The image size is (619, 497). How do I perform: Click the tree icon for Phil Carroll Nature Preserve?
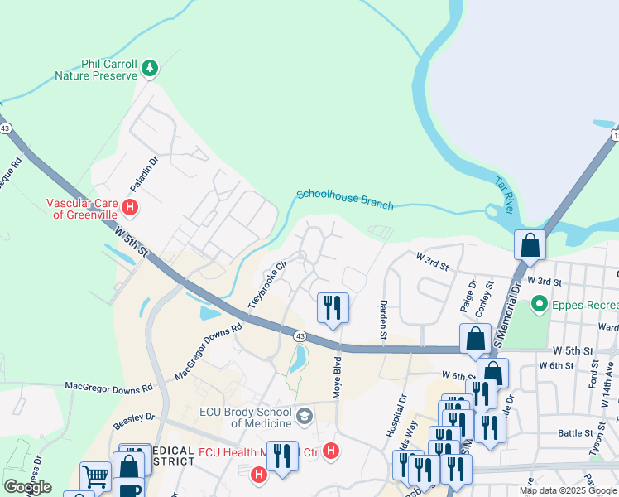(150, 68)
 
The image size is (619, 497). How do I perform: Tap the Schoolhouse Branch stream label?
(345, 199)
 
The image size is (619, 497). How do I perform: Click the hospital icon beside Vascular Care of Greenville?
(129, 206)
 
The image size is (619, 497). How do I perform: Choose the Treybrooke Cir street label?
(267, 283)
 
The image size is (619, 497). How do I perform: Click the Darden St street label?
(384, 320)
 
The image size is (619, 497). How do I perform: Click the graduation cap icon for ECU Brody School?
(304, 415)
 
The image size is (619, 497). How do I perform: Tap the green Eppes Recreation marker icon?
(540, 305)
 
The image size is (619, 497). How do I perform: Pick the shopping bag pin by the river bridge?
(530, 245)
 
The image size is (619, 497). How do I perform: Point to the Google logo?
(27, 487)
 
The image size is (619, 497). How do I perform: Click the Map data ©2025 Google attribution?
(569, 490)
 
